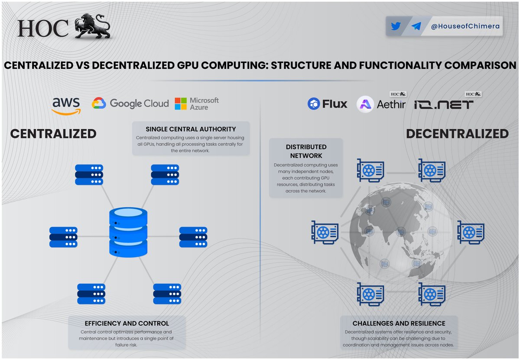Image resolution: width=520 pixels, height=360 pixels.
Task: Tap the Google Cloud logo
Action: [x=130, y=104]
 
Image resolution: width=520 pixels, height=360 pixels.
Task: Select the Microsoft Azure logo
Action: [x=196, y=104]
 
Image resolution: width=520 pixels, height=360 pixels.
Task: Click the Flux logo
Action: [x=327, y=104]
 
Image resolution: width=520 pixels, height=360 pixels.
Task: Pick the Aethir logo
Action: [x=380, y=104]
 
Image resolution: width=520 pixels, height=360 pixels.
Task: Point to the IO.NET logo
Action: [x=443, y=105]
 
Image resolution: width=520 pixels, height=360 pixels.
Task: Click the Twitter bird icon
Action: [x=396, y=26]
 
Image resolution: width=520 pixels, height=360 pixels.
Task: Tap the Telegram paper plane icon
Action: [x=416, y=26]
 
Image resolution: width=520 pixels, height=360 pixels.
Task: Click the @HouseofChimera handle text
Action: [x=465, y=26]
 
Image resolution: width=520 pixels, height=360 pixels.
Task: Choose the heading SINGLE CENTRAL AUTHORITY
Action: [x=191, y=129]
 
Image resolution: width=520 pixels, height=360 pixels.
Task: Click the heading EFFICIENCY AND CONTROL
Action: [x=127, y=323]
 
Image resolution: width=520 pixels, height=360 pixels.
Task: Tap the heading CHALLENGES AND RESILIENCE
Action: [x=399, y=323]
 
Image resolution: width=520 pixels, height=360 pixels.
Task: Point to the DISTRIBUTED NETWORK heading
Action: [x=306, y=151]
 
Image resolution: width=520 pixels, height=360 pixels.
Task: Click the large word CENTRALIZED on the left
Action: [x=53, y=134]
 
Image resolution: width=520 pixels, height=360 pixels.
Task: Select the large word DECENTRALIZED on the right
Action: [x=457, y=134]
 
